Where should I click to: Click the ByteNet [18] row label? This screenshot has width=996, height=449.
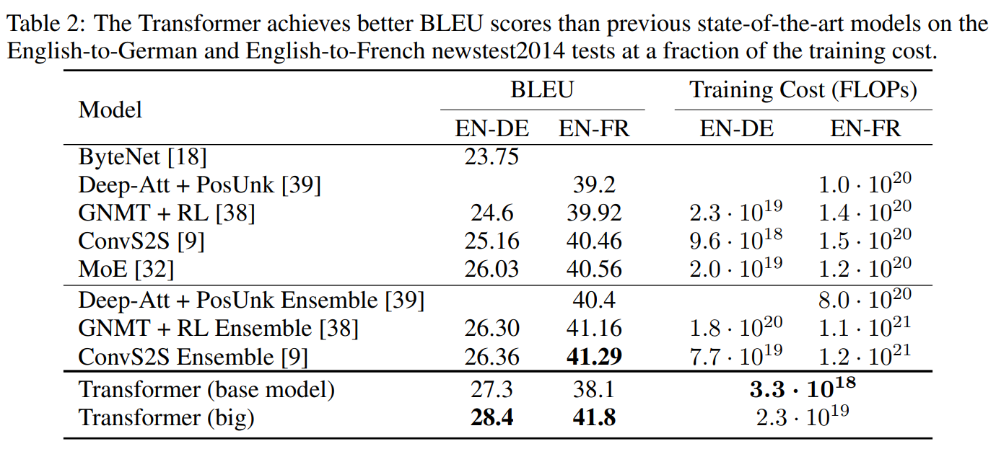[142, 156]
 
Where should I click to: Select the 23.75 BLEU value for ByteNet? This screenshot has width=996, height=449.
[491, 156]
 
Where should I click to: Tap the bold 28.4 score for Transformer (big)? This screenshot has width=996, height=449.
[492, 417]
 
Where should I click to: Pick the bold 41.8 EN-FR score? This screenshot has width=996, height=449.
[594, 417]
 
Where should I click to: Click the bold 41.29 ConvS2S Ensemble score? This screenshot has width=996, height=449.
[594, 356]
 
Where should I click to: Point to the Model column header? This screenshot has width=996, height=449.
[110, 110]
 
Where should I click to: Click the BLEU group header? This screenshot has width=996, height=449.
[542, 89]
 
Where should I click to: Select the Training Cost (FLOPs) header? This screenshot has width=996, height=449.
[803, 89]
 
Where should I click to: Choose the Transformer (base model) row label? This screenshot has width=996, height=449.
[206, 389]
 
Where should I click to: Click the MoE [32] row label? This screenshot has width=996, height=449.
[127, 269]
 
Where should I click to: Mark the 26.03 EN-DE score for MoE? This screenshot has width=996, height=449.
[491, 269]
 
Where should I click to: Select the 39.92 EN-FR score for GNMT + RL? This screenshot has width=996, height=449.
[594, 213]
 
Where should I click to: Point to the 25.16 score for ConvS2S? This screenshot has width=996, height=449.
[491, 241]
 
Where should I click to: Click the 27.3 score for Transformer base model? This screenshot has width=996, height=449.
[491, 389]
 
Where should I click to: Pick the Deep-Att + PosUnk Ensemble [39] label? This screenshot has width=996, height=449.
[251, 300]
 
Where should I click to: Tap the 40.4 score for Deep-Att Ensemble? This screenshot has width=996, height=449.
[594, 300]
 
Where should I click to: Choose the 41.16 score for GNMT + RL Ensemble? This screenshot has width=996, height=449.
[594, 328]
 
